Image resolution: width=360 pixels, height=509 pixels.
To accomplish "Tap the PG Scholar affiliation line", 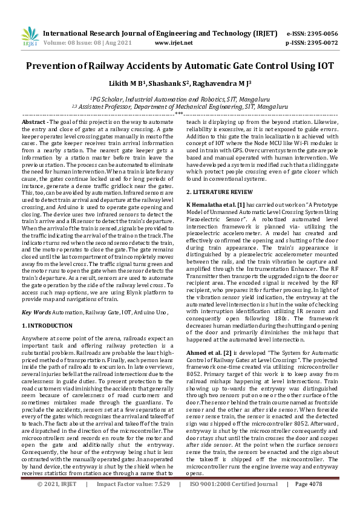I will tap(180, 99).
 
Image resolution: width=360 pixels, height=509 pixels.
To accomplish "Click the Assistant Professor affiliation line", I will tap(180, 106).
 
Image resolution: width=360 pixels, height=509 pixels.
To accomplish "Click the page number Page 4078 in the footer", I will tap(309, 501).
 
